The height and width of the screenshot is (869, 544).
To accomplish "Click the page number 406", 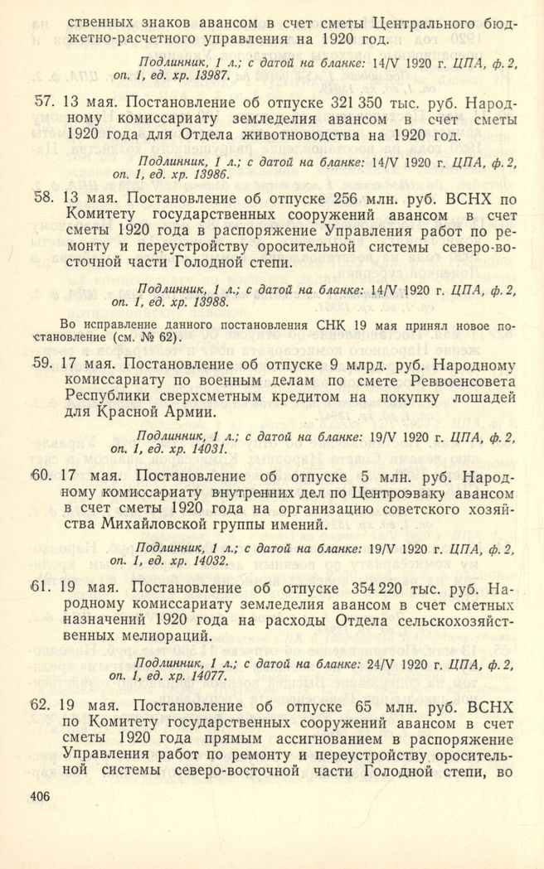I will pos(39,795).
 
